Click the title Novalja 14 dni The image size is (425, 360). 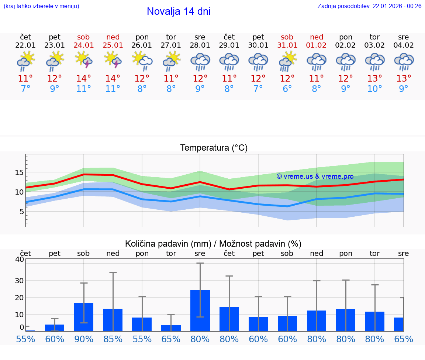179,11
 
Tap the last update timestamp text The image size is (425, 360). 369,6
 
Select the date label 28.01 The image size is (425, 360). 200,45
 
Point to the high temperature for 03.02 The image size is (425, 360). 375,79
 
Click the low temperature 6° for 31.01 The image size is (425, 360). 287,89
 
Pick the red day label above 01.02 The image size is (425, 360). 317,37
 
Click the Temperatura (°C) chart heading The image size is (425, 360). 214,148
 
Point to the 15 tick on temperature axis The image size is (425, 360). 20,172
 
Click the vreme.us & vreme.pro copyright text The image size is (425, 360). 315,176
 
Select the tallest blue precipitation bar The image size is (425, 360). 200,310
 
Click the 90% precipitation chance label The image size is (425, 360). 84,339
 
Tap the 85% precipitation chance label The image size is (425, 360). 113,339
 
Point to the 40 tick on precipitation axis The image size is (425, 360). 20,259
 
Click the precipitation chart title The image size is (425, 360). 213,244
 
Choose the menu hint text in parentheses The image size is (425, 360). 41,6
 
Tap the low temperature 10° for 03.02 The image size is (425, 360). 375,89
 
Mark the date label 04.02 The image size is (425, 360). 404,45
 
